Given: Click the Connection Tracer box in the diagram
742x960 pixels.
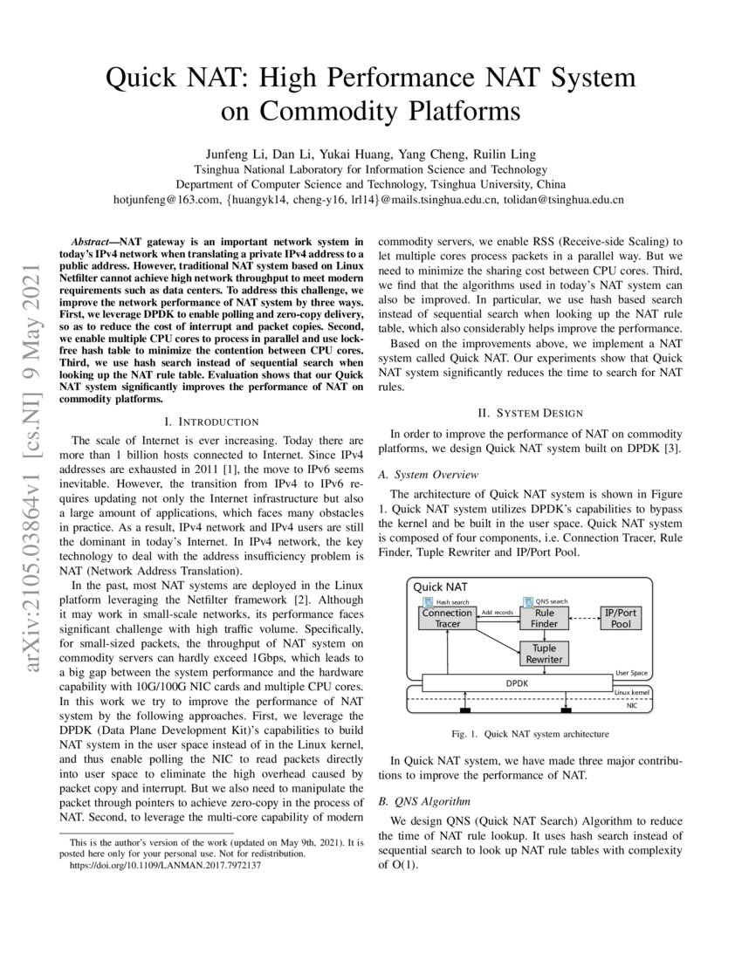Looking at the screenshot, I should click(447, 619).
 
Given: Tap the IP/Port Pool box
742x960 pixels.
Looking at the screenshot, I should click(621, 619).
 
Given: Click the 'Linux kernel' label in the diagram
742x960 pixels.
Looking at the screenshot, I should click(633, 692).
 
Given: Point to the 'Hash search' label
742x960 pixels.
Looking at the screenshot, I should click(452, 602).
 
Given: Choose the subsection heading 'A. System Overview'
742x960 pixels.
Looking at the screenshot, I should click(428, 474).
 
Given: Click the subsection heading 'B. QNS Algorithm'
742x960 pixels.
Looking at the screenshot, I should click(423, 800).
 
